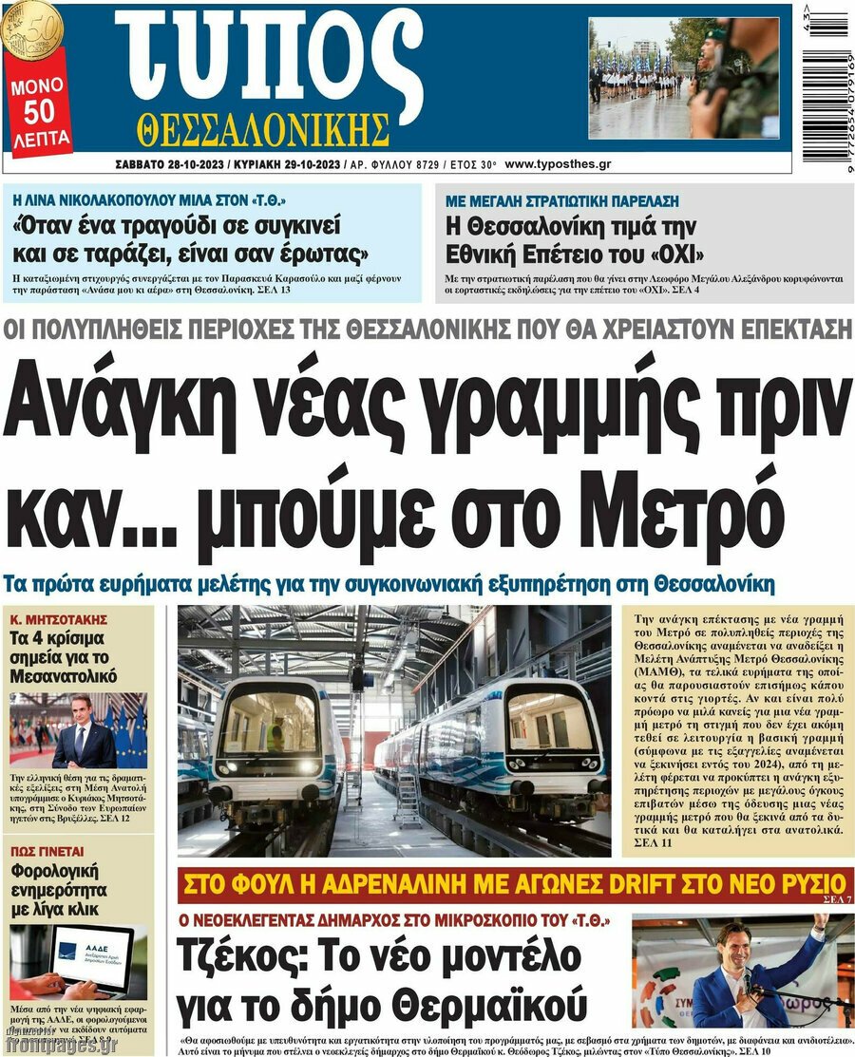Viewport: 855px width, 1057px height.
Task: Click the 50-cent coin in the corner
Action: pyautogui.click(x=31, y=26)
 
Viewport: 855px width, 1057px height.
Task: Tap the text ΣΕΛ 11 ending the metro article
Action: pyautogui.click(x=653, y=841)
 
